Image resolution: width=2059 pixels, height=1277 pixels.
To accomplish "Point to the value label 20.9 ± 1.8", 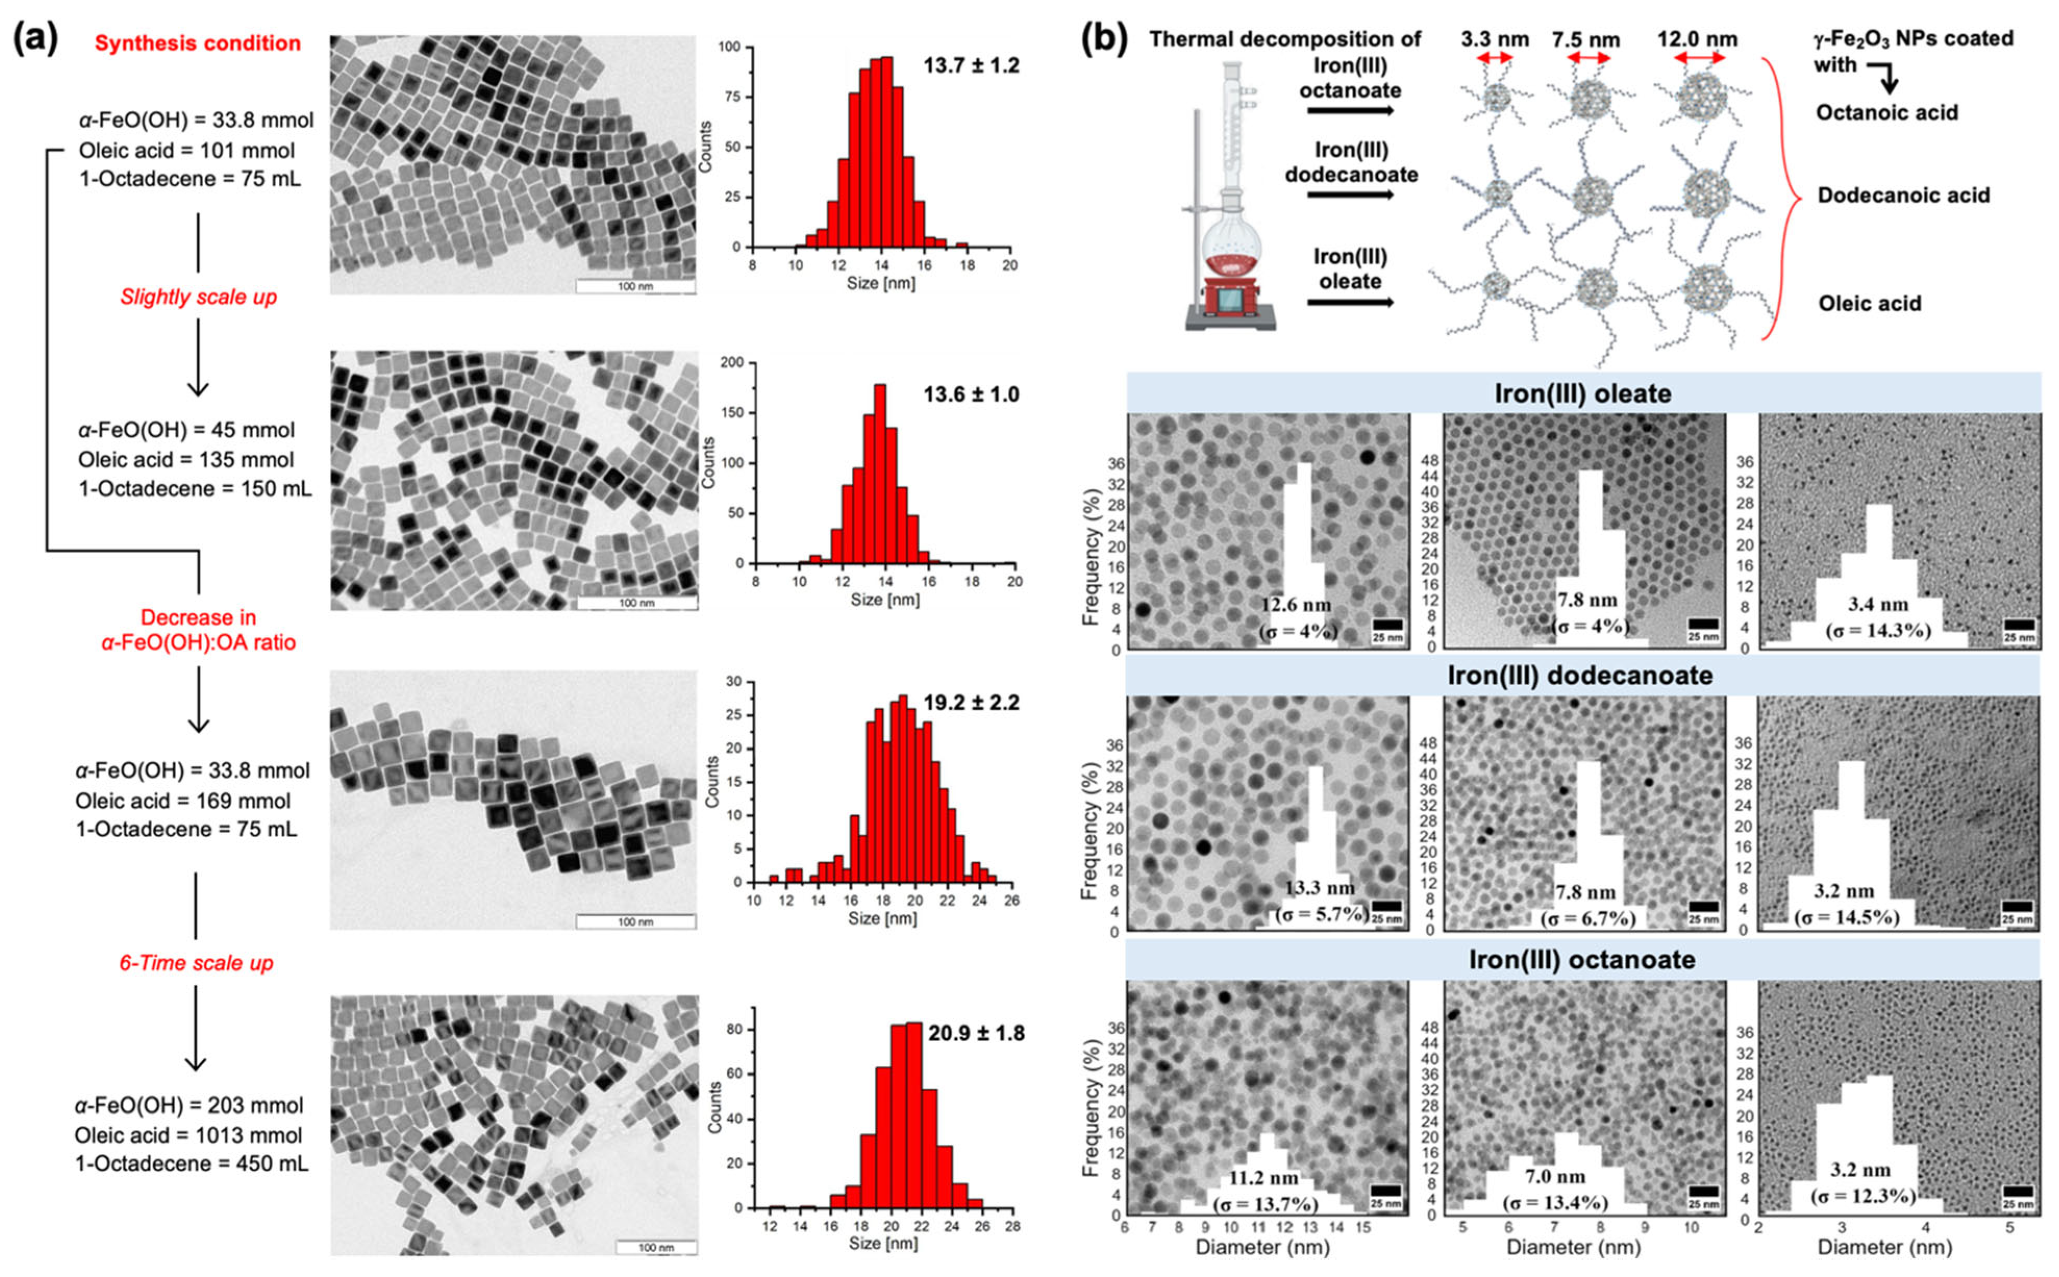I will click(x=976, y=1033).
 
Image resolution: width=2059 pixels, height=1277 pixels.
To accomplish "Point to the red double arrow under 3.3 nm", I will click(x=1495, y=57).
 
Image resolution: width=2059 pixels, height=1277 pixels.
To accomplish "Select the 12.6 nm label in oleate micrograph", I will click(x=1296, y=605).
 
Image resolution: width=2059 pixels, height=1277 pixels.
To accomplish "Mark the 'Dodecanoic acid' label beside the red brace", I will click(x=1904, y=195).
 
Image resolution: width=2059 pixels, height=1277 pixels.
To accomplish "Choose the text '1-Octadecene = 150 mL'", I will click(x=195, y=488).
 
